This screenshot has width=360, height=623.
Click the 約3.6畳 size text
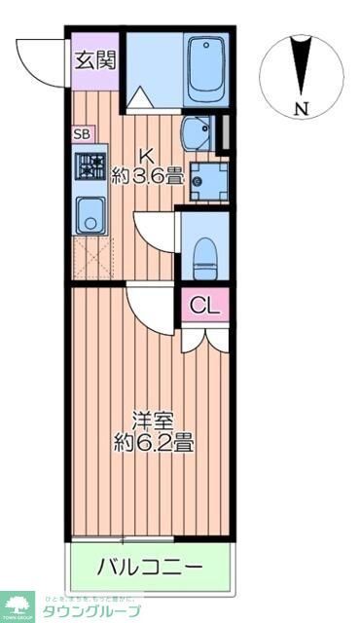147,177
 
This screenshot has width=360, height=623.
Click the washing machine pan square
206,179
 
